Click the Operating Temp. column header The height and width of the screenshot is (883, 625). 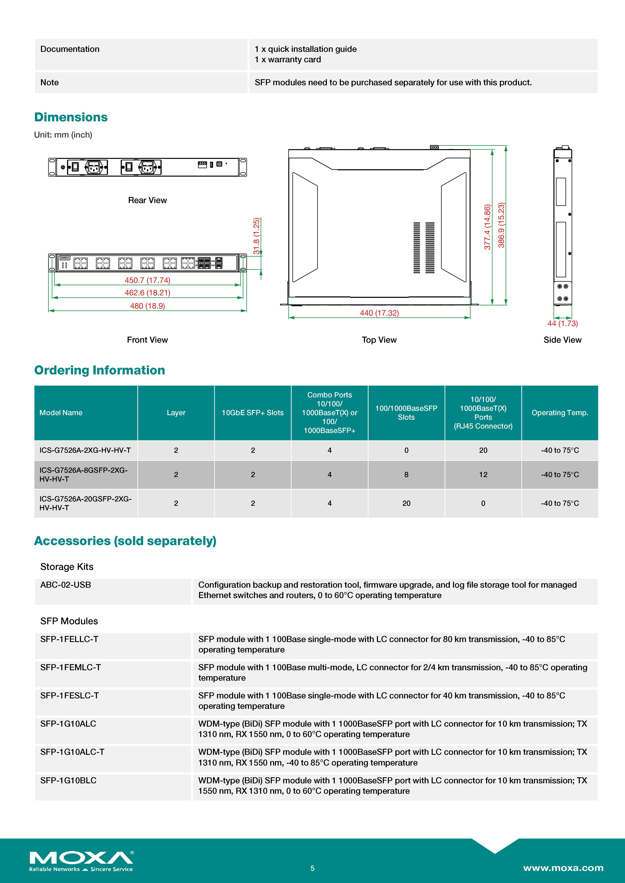[559, 413]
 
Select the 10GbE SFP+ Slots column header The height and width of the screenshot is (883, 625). [252, 413]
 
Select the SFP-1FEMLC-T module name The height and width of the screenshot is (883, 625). [70, 667]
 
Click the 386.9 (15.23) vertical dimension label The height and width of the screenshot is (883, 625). [501, 225]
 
